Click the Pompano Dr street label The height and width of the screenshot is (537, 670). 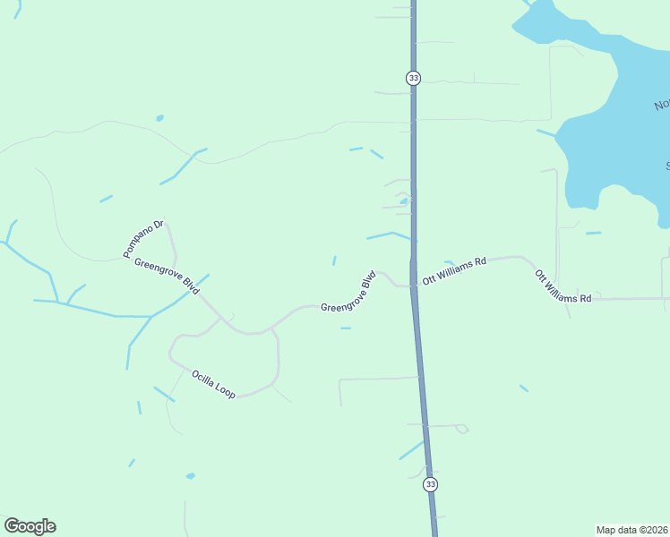(143, 239)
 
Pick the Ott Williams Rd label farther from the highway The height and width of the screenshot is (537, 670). (563, 286)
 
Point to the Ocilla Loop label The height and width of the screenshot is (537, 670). (212, 383)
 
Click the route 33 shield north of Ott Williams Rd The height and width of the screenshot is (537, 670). (413, 78)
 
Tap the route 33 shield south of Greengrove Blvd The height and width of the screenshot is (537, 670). (431, 484)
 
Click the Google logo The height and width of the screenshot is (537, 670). (30, 526)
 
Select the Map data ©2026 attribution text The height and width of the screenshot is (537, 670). (631, 529)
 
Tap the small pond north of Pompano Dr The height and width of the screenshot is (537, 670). (159, 117)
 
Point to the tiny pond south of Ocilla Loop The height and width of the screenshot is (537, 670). (190, 476)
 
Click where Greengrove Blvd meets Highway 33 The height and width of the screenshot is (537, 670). (413, 286)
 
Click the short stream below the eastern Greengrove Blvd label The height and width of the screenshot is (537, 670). (346, 328)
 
